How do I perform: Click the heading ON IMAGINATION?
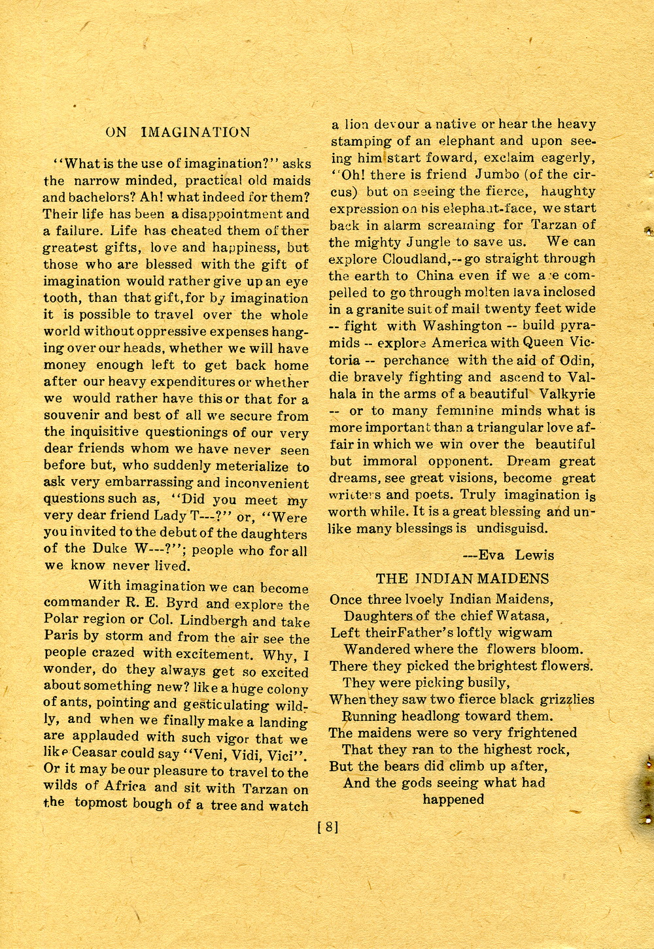click(x=178, y=132)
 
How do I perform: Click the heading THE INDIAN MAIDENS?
click(x=462, y=578)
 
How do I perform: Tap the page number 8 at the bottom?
click(x=328, y=827)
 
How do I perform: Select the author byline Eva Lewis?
click(x=508, y=556)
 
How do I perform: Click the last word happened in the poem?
click(x=453, y=799)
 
